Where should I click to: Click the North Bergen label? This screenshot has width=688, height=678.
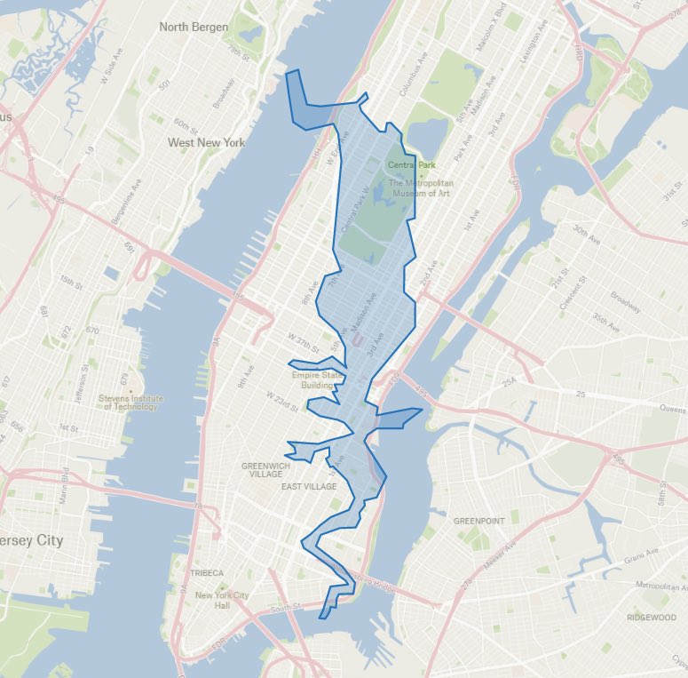[x=194, y=27]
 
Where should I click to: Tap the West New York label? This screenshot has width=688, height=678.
[x=206, y=142]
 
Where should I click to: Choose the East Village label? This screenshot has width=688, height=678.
[x=309, y=487]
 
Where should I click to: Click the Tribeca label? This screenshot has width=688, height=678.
[x=206, y=573]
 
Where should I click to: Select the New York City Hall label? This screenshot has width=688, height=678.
[x=222, y=600]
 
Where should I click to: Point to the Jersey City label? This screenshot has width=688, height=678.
[x=32, y=540]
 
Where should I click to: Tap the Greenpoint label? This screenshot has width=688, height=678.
[x=478, y=521]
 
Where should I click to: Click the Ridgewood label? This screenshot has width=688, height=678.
[x=651, y=618]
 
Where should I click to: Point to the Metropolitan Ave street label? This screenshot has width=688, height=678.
[x=661, y=586]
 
